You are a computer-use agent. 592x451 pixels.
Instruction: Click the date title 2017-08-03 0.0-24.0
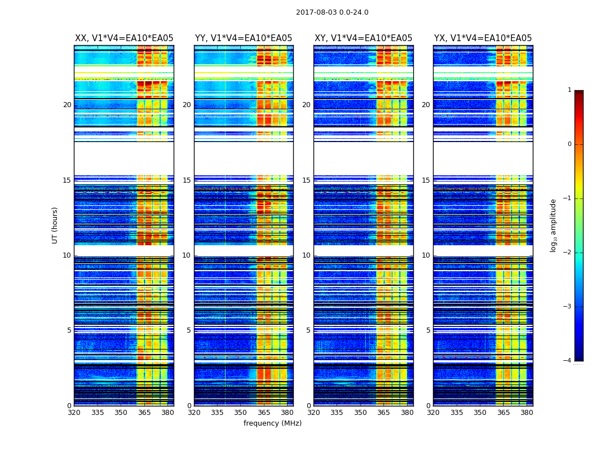point(332,12)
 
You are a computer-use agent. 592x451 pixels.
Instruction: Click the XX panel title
point(124,38)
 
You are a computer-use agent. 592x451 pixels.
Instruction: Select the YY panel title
point(244,38)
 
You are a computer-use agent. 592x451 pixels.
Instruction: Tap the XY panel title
point(363,38)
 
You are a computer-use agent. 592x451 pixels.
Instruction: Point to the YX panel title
point(483,38)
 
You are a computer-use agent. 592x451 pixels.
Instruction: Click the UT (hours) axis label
point(55,225)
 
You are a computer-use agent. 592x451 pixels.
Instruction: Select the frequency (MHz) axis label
point(272,423)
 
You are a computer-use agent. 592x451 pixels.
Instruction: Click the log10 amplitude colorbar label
point(554,225)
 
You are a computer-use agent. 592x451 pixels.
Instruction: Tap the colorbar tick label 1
point(569,90)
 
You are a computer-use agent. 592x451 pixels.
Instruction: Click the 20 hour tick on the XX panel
point(67,105)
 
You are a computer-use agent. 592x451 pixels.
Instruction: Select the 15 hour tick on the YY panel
point(187,180)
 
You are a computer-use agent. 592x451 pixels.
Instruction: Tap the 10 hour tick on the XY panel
point(306,255)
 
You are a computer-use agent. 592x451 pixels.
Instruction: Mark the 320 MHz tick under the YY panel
point(194,413)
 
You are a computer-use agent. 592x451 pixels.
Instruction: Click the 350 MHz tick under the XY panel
point(360,413)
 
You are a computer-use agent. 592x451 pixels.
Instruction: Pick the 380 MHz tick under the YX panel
point(527,413)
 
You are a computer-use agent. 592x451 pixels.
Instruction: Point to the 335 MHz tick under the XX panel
point(98,413)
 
